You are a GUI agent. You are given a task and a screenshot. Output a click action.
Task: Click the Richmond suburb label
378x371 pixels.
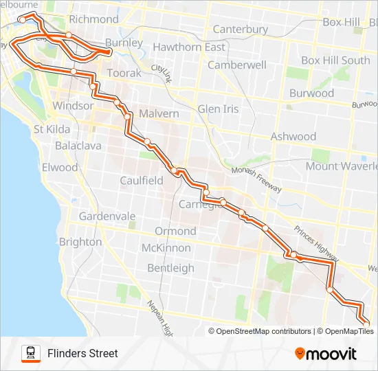click(93, 19)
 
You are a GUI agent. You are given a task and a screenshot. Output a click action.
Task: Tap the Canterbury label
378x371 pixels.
click(240, 30)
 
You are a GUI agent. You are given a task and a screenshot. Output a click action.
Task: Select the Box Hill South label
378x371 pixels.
click(335, 60)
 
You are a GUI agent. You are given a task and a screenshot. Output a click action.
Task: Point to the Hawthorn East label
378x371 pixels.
click(189, 47)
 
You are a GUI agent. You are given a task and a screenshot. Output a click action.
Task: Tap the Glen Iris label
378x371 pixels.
click(218, 109)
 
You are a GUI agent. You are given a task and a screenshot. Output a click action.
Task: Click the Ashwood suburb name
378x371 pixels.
click(293, 137)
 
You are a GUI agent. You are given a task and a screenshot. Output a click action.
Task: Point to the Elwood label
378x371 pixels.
click(60, 167)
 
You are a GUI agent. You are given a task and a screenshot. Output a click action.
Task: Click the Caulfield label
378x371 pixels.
click(141, 180)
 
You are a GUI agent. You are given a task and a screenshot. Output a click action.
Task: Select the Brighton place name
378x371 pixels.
click(80, 242)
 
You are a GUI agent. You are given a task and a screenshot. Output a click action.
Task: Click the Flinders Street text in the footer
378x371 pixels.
click(82, 353)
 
